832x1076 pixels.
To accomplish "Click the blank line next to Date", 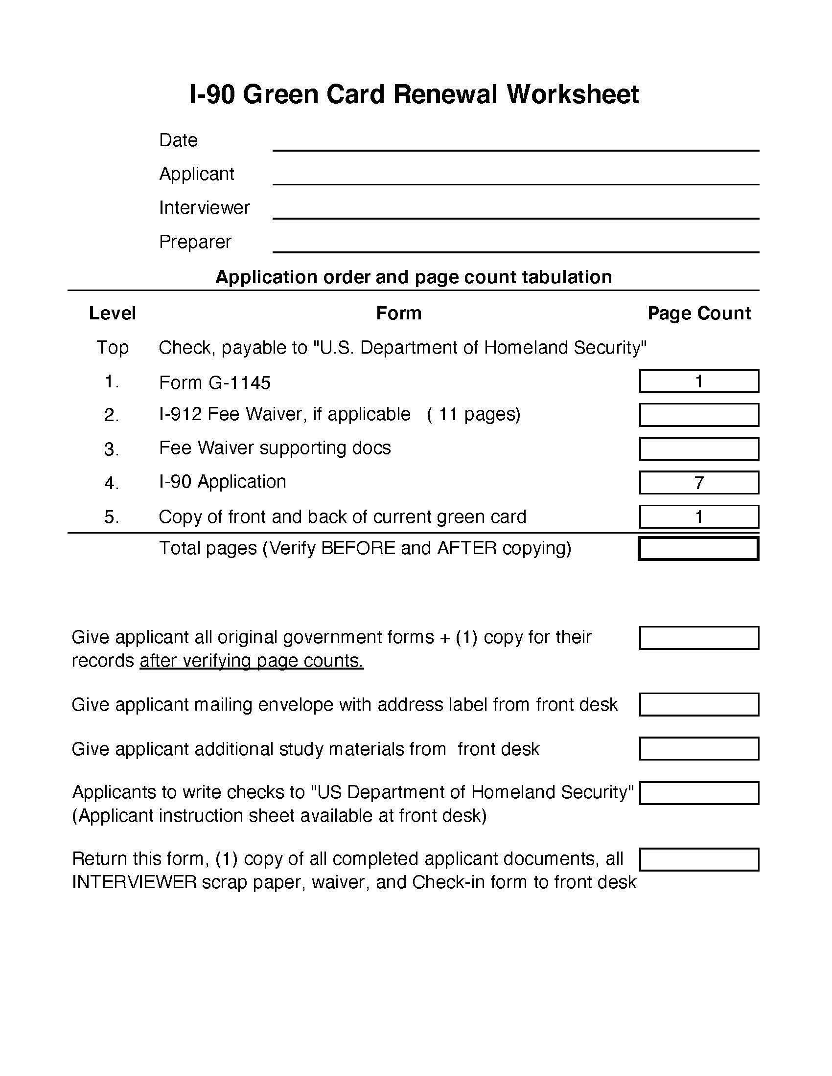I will tap(515, 143).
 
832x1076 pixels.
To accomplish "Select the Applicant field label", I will tap(196, 174).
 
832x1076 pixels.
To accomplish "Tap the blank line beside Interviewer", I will tap(515, 211).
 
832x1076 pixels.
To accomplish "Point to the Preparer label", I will tap(195, 242).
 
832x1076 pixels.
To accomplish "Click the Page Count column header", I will tap(698, 314).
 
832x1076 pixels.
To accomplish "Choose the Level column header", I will tap(112, 314).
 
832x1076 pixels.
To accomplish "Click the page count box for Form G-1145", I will tap(698, 381).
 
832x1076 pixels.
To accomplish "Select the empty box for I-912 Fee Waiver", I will tap(698, 415).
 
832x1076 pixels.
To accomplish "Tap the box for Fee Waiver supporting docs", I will tap(698, 449).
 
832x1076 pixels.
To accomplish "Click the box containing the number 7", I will tap(698, 482).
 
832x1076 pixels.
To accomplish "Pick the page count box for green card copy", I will tap(698, 516).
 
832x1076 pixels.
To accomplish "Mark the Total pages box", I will tap(698, 549).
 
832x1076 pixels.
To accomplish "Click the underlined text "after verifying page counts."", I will tap(252, 661).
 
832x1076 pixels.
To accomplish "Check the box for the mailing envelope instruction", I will tap(698, 704).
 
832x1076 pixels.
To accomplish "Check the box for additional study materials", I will tap(698, 749).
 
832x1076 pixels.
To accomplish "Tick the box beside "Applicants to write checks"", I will tap(698, 793).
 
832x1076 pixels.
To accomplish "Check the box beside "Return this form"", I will tap(698, 859).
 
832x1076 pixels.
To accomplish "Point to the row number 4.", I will tap(112, 483).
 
